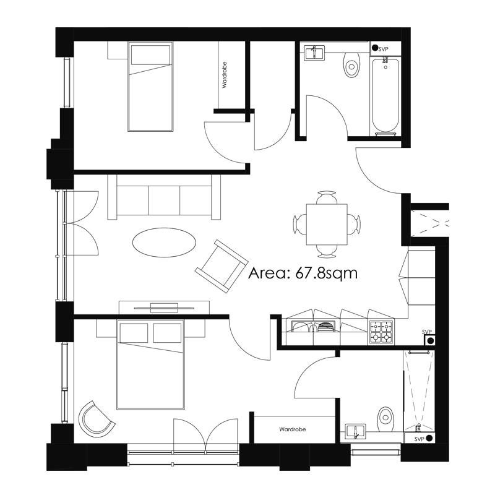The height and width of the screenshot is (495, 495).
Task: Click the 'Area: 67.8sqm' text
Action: coord(303,273)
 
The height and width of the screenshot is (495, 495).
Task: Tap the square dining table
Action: coord(327,225)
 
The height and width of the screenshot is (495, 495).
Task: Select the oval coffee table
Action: coord(164,243)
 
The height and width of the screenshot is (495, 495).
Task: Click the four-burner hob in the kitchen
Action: coord(381,332)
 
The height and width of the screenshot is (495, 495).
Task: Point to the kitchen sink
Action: coord(312,326)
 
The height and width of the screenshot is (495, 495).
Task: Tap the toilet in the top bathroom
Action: coord(351,65)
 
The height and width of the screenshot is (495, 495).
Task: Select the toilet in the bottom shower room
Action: coord(385,420)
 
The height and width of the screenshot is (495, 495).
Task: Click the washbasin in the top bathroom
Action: coord(314,53)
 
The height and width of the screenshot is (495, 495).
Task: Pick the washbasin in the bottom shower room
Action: coord(355,431)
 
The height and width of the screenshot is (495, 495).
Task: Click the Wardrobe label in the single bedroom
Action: coord(225,75)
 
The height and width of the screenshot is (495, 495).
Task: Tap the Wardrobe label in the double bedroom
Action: coord(292,429)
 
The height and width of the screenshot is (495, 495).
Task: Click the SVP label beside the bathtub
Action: coord(383,49)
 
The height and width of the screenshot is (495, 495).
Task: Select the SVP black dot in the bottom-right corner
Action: coord(428,438)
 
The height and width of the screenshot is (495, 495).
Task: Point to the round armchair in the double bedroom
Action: coord(97,419)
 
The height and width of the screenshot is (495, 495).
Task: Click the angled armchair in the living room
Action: coord(222,266)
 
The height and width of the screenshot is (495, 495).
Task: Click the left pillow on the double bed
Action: coord(134,332)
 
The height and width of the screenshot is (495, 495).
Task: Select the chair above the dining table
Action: coord(327,197)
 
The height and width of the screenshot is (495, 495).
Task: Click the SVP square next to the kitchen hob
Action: coord(429,340)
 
